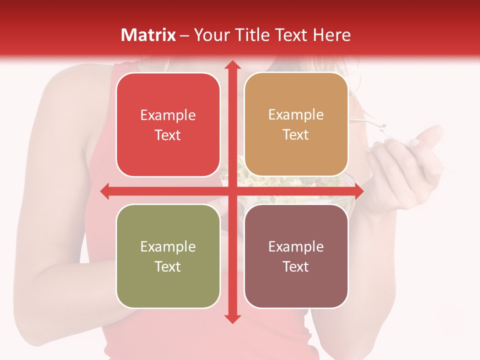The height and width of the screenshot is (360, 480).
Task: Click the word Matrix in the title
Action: [x=148, y=35]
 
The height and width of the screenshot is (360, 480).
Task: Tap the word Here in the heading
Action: [x=331, y=35]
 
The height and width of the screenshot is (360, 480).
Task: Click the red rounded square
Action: [x=168, y=124]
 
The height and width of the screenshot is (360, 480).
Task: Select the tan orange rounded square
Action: [x=296, y=124]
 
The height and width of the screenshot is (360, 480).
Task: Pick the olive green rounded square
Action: [x=168, y=256]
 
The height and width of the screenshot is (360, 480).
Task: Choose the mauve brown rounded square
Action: [x=296, y=256]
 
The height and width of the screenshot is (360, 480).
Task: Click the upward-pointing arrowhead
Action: [x=232, y=65]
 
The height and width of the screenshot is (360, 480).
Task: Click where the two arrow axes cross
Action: [x=232, y=191]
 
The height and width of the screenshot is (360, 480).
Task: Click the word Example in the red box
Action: [x=168, y=115]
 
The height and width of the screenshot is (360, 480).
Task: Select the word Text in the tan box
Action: [x=296, y=134]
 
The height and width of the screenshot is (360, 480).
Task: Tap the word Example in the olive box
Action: [x=168, y=246]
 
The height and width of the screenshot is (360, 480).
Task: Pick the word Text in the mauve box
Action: [x=296, y=266]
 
